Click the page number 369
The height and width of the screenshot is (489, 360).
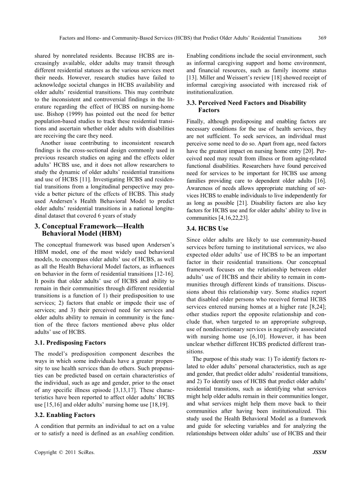tap(322, 38)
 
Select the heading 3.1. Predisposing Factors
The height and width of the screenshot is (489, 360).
tap(70, 343)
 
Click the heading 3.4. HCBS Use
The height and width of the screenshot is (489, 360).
tap(207, 229)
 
